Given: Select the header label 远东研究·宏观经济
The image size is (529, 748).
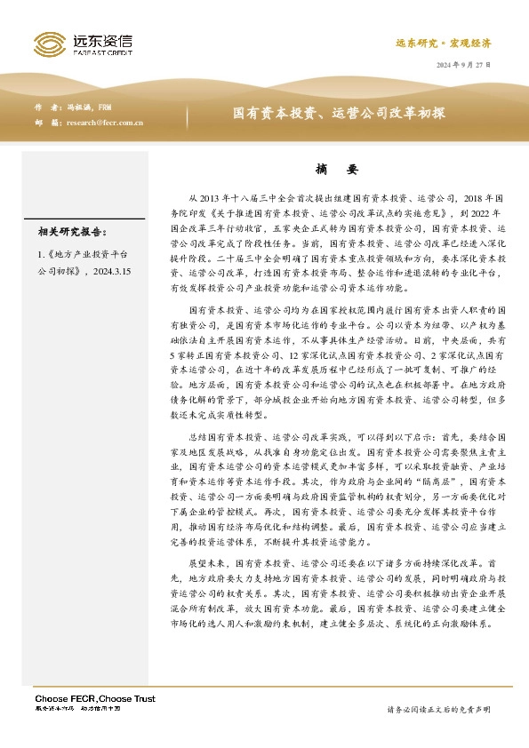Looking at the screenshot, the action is pos(443,43).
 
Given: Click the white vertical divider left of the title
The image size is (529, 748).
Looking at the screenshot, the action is pos(188,115).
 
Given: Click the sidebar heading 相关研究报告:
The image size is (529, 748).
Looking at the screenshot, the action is pos(72,233).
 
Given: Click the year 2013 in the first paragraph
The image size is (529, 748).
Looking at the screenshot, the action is pos(217,198).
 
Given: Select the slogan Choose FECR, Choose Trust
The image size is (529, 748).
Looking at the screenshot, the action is pos(94,699).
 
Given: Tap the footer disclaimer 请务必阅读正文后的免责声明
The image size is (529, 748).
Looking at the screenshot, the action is pos(438,710).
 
